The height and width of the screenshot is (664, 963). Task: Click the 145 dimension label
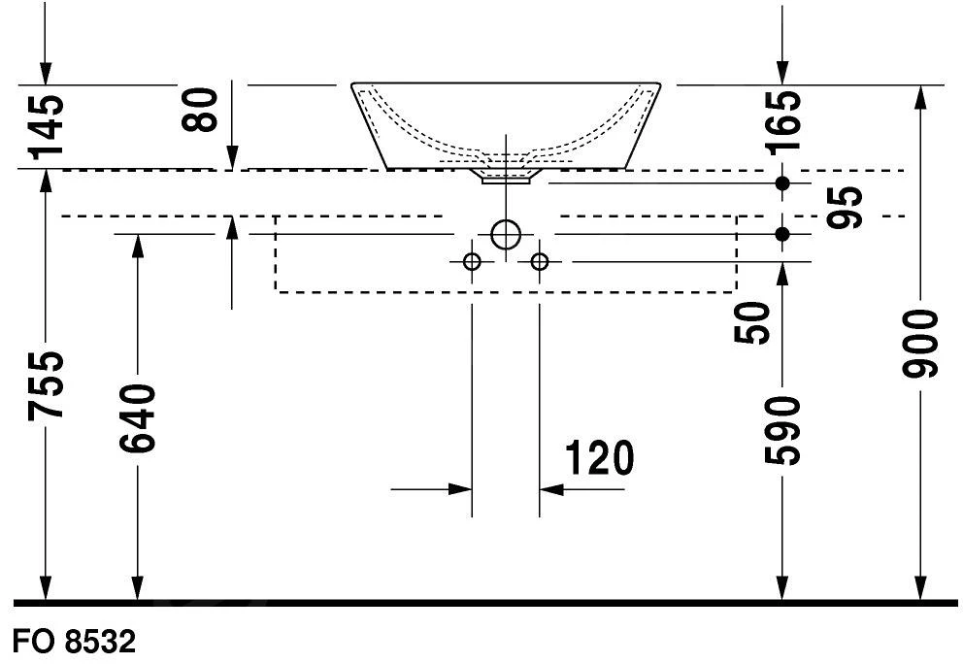tap(47, 126)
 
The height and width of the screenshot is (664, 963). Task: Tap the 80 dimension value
tap(200, 110)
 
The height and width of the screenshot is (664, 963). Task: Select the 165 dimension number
tap(782, 121)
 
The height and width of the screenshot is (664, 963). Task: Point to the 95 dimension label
tap(845, 208)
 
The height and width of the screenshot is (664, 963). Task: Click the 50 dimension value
tap(751, 323)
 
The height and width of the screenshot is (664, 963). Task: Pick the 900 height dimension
tap(920, 344)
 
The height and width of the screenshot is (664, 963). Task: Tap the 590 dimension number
tap(782, 431)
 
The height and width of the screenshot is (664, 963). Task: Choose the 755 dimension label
tap(46, 385)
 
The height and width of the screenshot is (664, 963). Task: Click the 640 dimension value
tap(137, 419)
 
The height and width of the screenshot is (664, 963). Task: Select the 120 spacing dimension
tap(599, 458)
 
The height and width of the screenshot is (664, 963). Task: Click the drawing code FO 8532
tap(74, 642)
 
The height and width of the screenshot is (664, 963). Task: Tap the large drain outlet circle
tap(506, 234)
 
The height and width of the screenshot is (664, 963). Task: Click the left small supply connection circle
tap(472, 262)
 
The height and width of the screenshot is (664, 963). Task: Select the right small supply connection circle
tap(539, 262)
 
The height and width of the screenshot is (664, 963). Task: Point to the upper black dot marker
tap(781, 183)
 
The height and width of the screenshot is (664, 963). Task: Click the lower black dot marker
tap(781, 234)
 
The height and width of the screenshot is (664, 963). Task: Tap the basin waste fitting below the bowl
tap(506, 177)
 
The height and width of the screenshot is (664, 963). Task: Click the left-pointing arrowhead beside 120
tap(550, 489)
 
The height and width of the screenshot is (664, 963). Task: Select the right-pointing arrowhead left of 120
tap(460, 489)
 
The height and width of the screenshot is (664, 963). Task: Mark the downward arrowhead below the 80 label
tap(232, 157)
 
